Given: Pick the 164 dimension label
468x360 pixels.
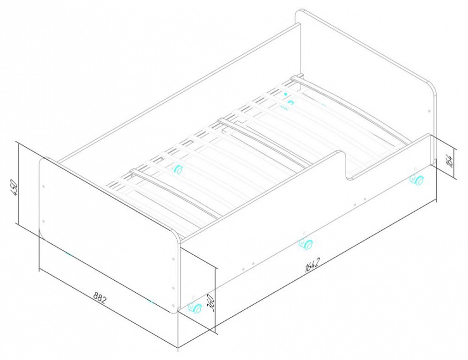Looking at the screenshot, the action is pos(451,161).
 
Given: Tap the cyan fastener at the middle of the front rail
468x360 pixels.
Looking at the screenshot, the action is pos(306,243).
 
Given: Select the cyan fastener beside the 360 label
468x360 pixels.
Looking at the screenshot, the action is pos(195,307).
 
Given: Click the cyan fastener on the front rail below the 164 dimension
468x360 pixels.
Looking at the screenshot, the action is pos(417,180).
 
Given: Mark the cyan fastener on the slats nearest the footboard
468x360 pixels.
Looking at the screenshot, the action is pos(178,169).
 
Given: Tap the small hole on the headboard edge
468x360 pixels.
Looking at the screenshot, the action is pos(429,111).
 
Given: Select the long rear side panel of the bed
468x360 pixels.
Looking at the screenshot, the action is pos(179,92).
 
